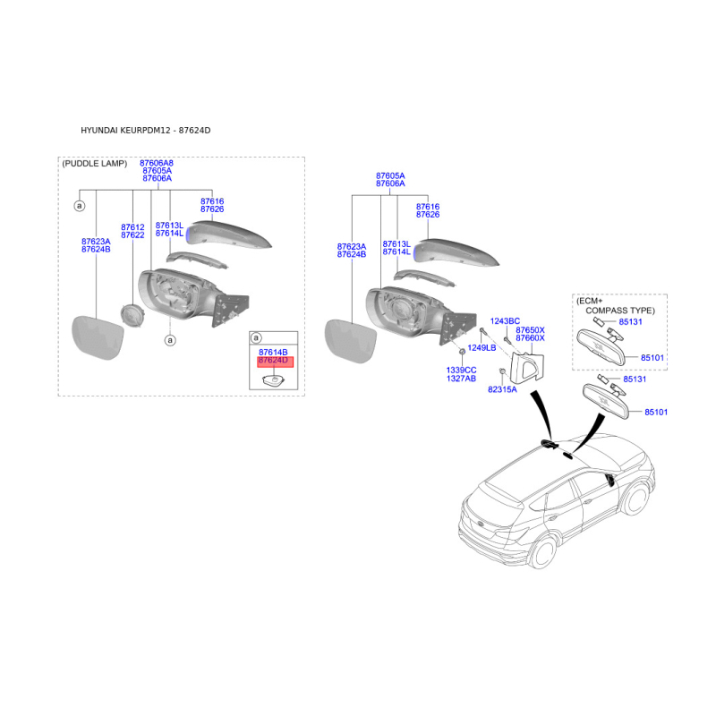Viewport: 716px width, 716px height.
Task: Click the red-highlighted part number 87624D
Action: [x=273, y=361]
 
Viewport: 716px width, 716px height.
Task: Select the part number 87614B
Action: [x=273, y=353]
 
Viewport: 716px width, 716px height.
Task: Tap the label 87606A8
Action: [x=157, y=163]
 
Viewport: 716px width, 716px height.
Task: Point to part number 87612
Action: [x=132, y=227]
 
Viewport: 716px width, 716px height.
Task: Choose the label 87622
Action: [x=132, y=235]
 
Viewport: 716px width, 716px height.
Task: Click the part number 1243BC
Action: [x=505, y=320]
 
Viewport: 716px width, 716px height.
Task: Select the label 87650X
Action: [x=530, y=329]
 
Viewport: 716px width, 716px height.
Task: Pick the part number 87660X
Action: [x=530, y=337]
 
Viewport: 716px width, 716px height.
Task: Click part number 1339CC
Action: [x=462, y=370]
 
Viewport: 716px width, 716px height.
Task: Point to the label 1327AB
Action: [x=462, y=378]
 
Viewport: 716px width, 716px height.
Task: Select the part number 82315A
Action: [x=502, y=389]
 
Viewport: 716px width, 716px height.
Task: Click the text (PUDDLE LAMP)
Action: [x=94, y=164]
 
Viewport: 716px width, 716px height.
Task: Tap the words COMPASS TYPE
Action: [x=620, y=310]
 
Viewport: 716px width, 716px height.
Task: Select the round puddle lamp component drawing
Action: [x=132, y=316]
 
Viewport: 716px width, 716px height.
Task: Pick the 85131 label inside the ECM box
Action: [x=631, y=321]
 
